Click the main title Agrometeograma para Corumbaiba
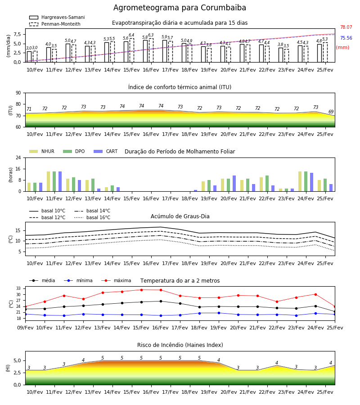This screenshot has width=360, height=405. click(180, 8)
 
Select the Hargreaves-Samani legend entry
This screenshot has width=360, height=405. click(57, 17)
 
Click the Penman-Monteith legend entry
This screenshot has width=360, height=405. click(55, 24)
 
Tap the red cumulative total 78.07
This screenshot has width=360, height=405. click(346, 27)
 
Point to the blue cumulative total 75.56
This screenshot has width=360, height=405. click(346, 38)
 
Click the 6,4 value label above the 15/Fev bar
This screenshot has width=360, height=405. click(131, 35)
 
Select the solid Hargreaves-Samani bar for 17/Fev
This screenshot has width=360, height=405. click(165, 51)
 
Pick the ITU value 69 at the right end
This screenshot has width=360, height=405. click(331, 112)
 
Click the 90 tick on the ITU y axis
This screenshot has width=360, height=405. click(18, 93)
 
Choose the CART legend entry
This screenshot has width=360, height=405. click(106, 151)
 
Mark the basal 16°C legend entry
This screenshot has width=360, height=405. click(92, 217)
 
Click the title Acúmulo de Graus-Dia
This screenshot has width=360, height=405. click(180, 216)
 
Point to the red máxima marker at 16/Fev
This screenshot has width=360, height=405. click(161, 290)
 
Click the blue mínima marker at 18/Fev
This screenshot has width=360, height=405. click(200, 313)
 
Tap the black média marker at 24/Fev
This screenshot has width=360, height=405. click(315, 306)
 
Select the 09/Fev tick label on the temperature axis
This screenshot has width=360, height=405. click(25, 328)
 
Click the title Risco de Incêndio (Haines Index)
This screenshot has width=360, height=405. click(180, 345)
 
